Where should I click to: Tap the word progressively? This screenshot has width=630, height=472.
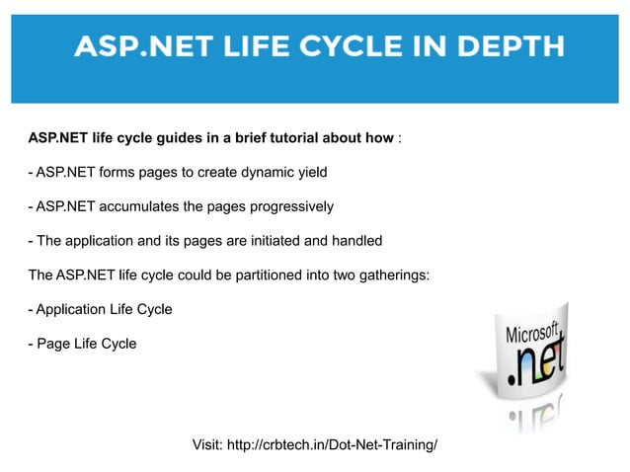(291, 207)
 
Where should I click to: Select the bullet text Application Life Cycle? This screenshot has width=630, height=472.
(103, 310)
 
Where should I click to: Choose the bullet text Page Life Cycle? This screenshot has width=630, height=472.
(86, 344)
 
